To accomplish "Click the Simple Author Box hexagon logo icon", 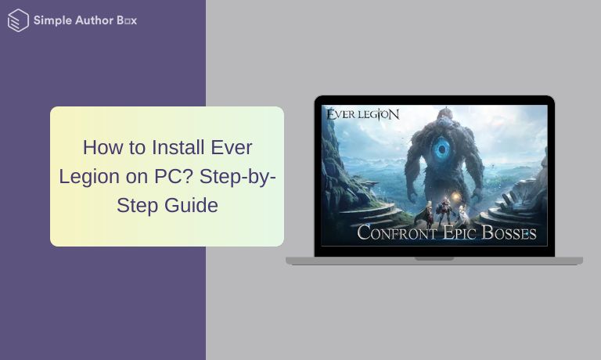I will (17, 20).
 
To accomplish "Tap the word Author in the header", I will (95, 20).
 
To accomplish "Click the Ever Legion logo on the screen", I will (362, 114).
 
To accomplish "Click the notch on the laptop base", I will (434, 258).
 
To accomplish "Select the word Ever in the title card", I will (232, 147).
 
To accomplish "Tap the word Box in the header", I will (127, 20).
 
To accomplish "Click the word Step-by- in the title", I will (237, 177).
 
